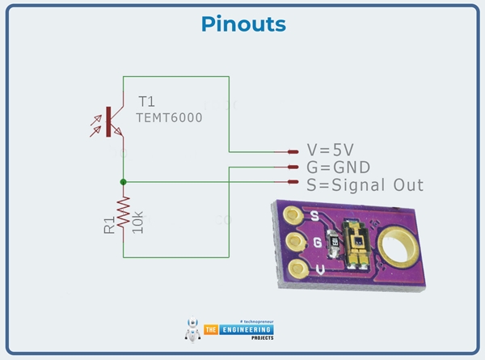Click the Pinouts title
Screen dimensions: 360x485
[x=242, y=24]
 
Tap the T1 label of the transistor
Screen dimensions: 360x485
[x=145, y=102]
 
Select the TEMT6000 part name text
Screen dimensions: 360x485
[x=170, y=117]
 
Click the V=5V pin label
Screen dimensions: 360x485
[x=331, y=150]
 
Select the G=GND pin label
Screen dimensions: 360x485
[x=338, y=167]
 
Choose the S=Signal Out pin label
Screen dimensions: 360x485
[x=365, y=184]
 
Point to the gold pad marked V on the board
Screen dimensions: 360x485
[x=297, y=267]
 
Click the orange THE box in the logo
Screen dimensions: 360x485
[x=210, y=329]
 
